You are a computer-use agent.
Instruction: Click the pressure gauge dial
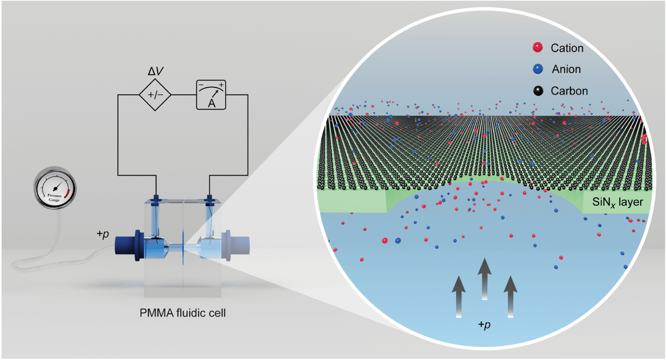(55, 188)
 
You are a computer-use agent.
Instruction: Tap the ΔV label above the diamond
(155, 71)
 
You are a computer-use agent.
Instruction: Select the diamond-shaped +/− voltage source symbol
(155, 95)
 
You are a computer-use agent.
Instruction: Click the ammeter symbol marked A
(211, 95)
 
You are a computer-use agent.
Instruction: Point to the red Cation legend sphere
(538, 47)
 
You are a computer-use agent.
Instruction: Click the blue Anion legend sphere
(538, 69)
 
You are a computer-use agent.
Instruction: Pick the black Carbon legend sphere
(538, 91)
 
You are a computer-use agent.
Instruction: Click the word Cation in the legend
(567, 48)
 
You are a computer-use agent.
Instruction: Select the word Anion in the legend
(566, 69)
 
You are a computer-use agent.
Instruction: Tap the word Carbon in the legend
(569, 91)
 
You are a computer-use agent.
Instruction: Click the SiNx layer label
(617, 202)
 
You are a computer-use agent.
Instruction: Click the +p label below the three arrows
(484, 325)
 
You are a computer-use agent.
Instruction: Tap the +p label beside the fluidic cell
(103, 234)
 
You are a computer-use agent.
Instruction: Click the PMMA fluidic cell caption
(183, 313)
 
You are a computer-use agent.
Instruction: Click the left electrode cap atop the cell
(156, 199)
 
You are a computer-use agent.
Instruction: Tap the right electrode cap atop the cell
(209, 199)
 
